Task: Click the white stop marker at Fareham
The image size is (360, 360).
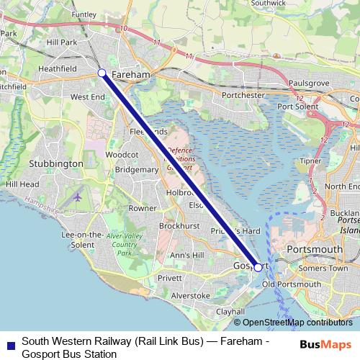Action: click(102, 73)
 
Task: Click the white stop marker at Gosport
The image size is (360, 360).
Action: click(258, 267)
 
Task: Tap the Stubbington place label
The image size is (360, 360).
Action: click(55, 163)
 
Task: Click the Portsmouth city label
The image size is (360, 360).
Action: click(314, 249)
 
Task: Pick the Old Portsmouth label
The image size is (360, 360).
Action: click(292, 284)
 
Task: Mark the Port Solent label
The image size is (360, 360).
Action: click(298, 107)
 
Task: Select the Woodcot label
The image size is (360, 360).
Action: click(122, 154)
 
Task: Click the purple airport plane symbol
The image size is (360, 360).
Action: click(77, 196)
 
